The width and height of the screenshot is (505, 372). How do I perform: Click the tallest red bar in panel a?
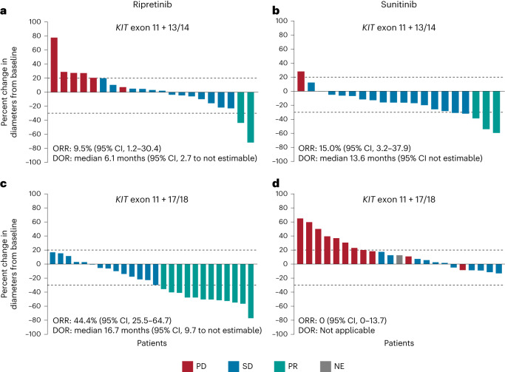54,65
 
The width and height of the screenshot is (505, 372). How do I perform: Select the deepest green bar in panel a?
251,118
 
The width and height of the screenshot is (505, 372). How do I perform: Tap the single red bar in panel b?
301,81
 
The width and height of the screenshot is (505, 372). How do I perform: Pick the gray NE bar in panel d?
399,260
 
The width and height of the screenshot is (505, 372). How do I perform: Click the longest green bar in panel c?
251,291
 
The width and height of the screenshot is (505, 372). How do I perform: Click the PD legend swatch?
188,366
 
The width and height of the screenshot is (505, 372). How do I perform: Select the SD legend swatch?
234,366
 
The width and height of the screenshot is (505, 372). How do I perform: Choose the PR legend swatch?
279,366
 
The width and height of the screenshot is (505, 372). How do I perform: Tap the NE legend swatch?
325,366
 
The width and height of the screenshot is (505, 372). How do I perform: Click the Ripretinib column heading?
152,5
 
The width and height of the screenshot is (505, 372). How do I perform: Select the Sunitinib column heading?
399,4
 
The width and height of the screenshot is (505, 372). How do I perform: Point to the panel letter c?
4,184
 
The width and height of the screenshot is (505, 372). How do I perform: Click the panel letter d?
276,183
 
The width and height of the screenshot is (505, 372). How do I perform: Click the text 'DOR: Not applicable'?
336,331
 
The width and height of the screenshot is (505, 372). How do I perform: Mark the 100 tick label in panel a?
35,21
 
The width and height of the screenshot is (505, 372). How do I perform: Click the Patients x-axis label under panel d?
399,343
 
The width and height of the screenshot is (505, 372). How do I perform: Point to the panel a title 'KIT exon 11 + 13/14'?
152,27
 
